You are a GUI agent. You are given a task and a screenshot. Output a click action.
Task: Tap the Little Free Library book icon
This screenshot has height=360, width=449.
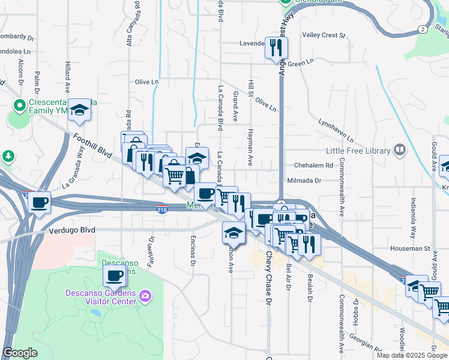400,151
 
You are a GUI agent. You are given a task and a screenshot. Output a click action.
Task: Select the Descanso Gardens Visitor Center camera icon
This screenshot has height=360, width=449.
144,296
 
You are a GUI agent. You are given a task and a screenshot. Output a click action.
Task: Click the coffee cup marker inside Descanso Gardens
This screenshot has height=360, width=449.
114,276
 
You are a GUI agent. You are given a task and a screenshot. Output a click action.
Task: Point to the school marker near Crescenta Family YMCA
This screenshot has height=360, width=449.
79,110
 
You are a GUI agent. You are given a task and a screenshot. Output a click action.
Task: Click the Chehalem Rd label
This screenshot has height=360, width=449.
313,165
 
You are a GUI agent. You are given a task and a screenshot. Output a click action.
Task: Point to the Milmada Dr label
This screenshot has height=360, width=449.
305,180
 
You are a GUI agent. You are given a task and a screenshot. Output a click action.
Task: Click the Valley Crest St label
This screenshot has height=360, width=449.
324,35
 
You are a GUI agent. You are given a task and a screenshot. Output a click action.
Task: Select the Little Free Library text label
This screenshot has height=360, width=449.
358,151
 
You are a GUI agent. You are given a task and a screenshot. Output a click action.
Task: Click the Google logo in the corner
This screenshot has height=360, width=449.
20,353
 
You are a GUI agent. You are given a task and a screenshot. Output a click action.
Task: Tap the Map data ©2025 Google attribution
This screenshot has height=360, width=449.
411,355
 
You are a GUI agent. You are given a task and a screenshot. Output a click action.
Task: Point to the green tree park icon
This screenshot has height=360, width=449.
8,157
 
